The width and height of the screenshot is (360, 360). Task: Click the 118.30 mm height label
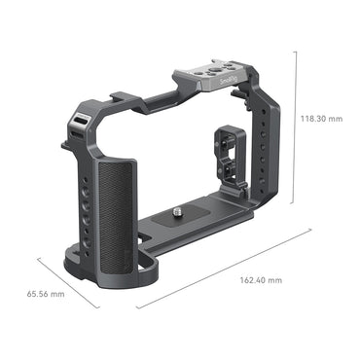pos(322,119)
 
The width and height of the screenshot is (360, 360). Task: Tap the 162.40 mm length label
pos(261,279)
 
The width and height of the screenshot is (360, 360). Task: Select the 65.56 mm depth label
pos(44,292)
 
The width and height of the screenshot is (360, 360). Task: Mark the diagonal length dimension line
pos(224,270)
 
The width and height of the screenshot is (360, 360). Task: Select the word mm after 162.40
pos(276,279)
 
